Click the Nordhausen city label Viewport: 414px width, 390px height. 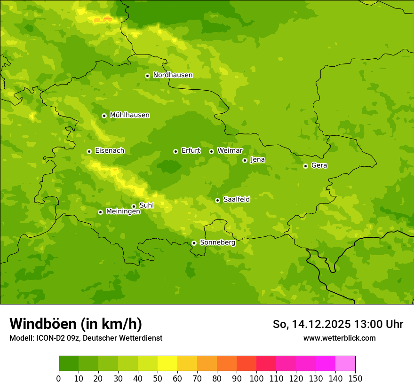click(x=173, y=75)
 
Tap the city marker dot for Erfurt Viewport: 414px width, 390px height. click(x=175, y=151)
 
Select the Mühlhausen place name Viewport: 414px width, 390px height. click(x=129, y=115)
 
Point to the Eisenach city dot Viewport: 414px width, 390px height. click(x=89, y=151)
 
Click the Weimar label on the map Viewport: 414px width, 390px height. click(x=230, y=151)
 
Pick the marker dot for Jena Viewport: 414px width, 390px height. click(x=245, y=160)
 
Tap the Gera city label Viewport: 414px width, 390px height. click(x=319, y=165)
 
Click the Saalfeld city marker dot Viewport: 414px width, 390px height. click(x=217, y=200)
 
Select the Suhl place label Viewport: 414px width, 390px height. click(x=146, y=205)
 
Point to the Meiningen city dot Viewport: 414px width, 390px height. click(x=100, y=212)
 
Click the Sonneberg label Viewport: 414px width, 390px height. click(x=217, y=243)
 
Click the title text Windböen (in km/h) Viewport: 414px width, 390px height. click(x=76, y=324)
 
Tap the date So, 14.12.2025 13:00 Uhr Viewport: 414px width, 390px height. click(x=338, y=324)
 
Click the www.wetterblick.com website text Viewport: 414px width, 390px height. click(x=339, y=338)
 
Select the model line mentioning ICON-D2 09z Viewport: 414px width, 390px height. click(x=86, y=338)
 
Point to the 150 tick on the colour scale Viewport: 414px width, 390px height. click(x=355, y=378)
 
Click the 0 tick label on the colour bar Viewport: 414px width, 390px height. click(x=59, y=378)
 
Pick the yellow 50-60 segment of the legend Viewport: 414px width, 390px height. click(x=167, y=364)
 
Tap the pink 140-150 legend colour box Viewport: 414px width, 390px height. click(x=345, y=364)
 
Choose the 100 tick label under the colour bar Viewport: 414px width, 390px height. click(x=256, y=378)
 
